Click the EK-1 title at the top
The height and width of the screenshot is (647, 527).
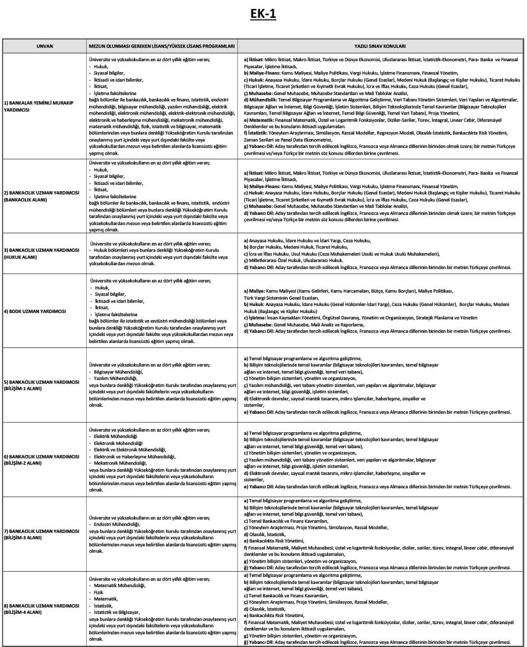(263, 15)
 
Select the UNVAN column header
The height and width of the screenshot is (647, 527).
(44, 47)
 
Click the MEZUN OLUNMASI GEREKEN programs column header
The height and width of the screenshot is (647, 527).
(163, 47)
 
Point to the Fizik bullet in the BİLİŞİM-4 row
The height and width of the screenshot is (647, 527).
(98, 592)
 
